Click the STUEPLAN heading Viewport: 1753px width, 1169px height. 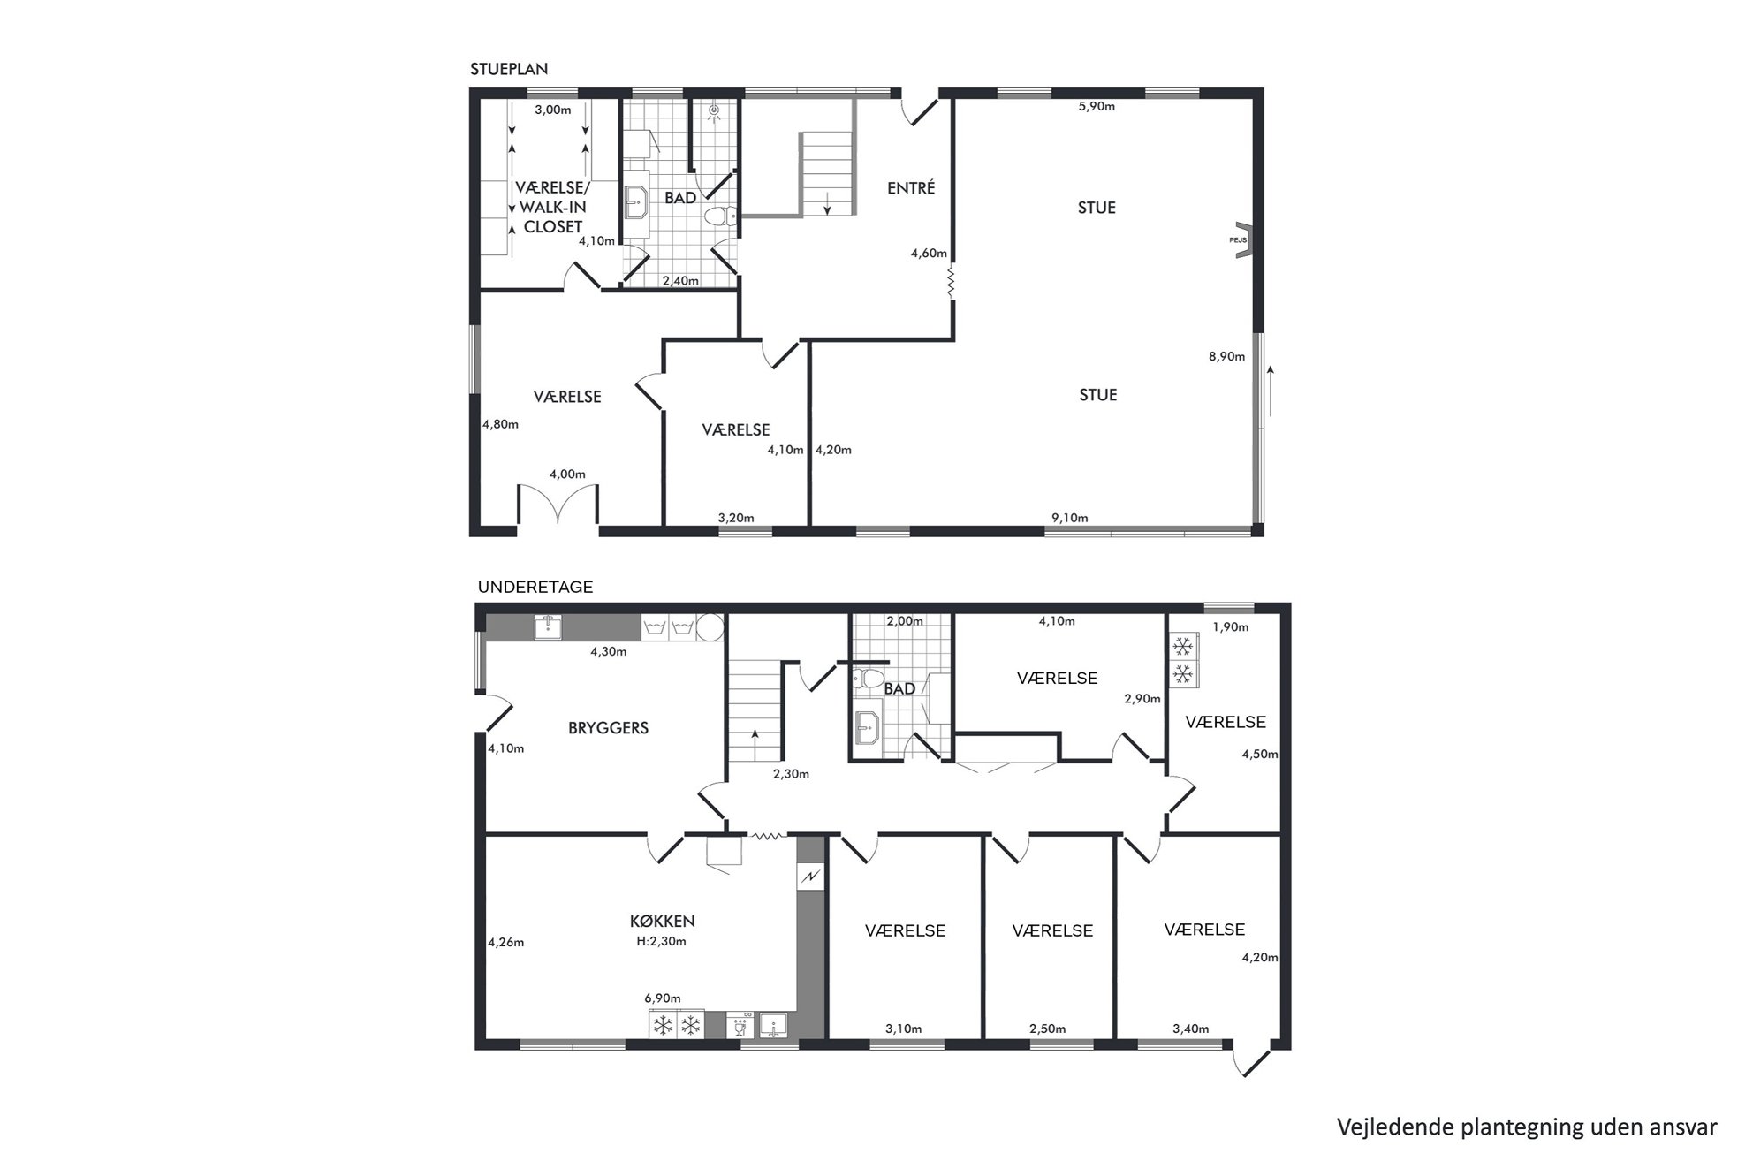point(508,69)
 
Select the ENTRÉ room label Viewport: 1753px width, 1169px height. point(911,187)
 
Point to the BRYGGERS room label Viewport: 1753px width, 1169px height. point(608,728)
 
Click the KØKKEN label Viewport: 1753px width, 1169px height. point(663,922)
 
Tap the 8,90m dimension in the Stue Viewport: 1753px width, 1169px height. point(1226,357)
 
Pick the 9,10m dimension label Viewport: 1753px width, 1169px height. point(1069,518)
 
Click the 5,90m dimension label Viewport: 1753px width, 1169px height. point(1097,107)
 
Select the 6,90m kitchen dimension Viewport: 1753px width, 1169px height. point(663,998)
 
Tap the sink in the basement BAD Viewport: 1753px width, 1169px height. point(869,728)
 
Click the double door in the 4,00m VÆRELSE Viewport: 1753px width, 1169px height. point(558,504)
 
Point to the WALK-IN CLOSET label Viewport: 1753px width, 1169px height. point(553,216)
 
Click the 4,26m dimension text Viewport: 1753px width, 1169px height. point(506,942)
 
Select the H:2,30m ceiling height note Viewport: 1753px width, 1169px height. point(661,941)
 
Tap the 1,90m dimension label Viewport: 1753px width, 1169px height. point(1230,627)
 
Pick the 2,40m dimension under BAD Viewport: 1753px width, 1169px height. point(680,281)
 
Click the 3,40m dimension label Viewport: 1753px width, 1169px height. point(1190,1029)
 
